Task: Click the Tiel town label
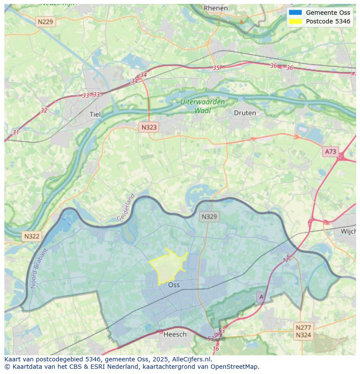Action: pyautogui.click(x=95, y=114)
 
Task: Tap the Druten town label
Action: pyautogui.click(x=245, y=113)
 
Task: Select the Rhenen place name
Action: pyautogui.click(x=216, y=8)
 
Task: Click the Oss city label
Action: pyautogui.click(x=174, y=285)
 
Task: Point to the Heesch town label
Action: pyautogui.click(x=175, y=334)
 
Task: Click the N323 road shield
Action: pyautogui.click(x=149, y=127)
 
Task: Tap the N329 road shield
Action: pyautogui.click(x=210, y=216)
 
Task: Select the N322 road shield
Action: pyautogui.click(x=31, y=236)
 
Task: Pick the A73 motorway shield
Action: pyautogui.click(x=330, y=151)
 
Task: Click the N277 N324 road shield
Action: pyautogui.click(x=303, y=331)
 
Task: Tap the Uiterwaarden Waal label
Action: pyautogui.click(x=203, y=106)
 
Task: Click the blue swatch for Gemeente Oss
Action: pyautogui.click(x=295, y=13)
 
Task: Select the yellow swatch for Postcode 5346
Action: pyautogui.click(x=295, y=21)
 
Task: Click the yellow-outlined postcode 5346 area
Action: pyautogui.click(x=167, y=266)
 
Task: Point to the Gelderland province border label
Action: pyautogui.click(x=126, y=208)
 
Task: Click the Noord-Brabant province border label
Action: pyautogui.click(x=41, y=268)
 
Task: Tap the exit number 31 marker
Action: pyautogui.click(x=16, y=132)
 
